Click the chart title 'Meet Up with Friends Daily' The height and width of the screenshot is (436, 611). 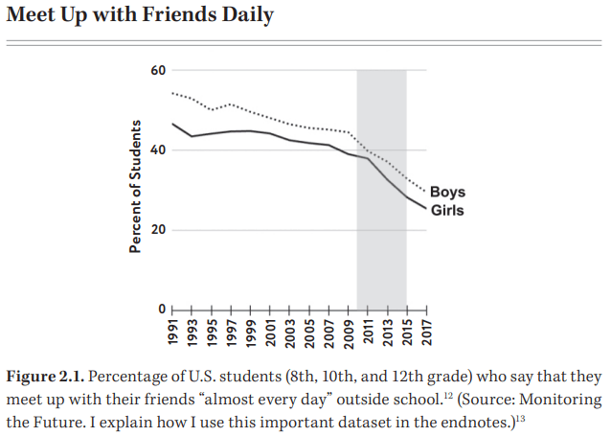click(x=140, y=16)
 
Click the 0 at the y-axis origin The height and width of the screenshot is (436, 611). click(x=162, y=310)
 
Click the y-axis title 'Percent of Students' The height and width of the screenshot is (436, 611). click(x=136, y=187)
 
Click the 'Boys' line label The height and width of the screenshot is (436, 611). click(x=448, y=193)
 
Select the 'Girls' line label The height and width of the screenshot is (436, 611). click(x=447, y=210)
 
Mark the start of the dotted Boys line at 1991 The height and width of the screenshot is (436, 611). click(x=172, y=93)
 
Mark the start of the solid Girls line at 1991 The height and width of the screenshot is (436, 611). click(x=172, y=124)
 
